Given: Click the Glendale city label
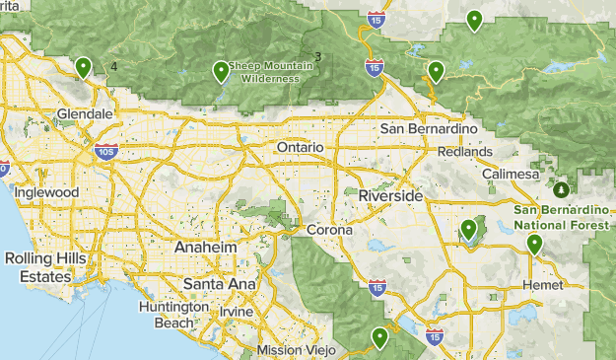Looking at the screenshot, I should [85, 114].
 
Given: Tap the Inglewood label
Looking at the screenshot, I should [46, 193].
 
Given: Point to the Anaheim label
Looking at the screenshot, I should [205, 248].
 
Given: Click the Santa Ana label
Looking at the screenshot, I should [219, 284].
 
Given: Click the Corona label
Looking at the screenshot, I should [329, 230].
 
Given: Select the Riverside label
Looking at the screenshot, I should [390, 196].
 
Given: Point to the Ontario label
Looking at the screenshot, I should [300, 147].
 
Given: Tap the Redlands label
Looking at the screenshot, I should [466, 152].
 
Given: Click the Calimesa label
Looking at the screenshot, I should [511, 175].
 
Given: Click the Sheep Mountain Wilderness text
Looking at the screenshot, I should [269, 72].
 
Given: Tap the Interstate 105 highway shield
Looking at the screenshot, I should [107, 151].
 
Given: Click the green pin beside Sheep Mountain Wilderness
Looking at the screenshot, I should [221, 70].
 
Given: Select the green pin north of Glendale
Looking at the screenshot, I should [84, 66].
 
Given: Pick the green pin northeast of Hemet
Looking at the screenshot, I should [534, 243].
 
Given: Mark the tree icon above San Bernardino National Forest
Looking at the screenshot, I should [561, 189].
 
